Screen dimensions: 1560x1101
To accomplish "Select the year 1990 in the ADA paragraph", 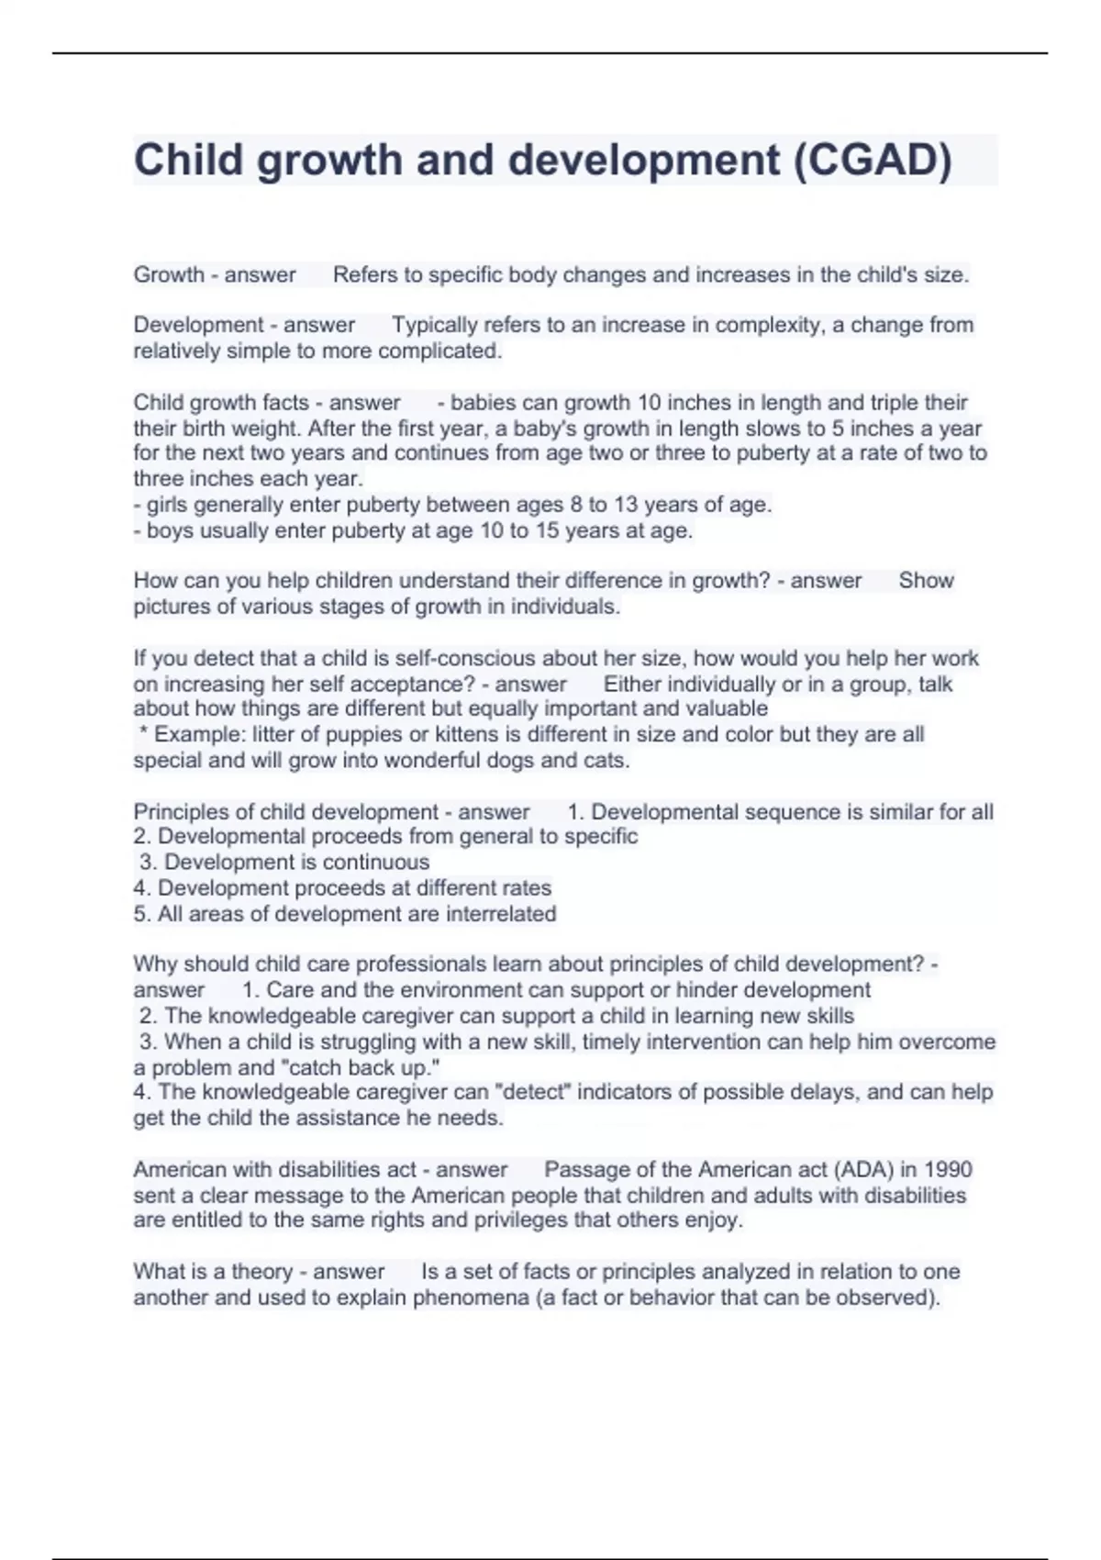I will pyautogui.click(x=948, y=1169).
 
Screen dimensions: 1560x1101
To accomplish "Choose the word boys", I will pyautogui.click(x=171, y=530).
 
